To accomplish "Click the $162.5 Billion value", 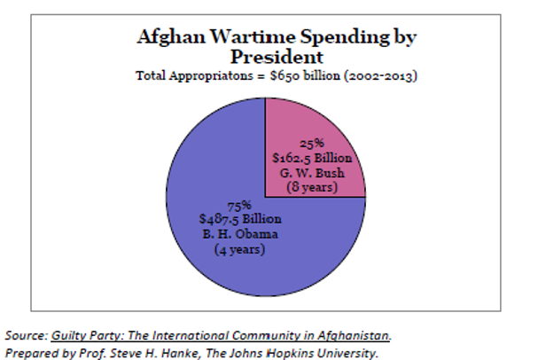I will pos(316,158).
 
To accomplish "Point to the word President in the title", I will pos(275,56).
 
